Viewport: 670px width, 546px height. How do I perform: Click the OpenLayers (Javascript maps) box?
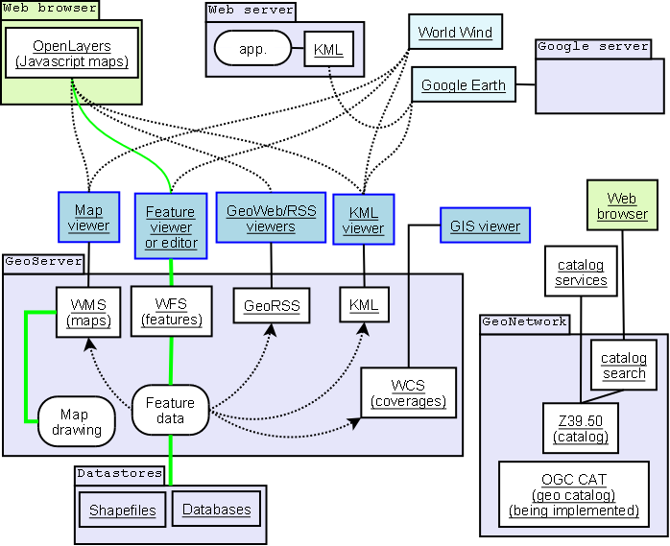click(72, 54)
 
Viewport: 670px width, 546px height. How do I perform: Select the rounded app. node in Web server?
click(252, 48)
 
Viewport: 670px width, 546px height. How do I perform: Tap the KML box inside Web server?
click(329, 49)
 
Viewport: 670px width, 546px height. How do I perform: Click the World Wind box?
click(454, 33)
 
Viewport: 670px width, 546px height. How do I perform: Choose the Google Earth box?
click(464, 84)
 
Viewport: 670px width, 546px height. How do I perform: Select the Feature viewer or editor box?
click(169, 226)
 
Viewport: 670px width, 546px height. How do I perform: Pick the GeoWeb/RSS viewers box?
click(271, 218)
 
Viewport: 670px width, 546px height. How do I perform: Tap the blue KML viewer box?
click(364, 220)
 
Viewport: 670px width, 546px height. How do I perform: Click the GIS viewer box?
click(485, 227)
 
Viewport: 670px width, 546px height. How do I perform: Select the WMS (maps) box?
click(87, 312)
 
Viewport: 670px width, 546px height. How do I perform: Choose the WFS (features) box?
click(171, 311)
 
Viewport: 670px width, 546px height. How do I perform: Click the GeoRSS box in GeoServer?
click(272, 307)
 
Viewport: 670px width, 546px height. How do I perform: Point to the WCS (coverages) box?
click(407, 393)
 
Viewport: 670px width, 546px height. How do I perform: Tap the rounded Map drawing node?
click(77, 421)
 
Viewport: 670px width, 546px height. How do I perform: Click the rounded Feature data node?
click(170, 411)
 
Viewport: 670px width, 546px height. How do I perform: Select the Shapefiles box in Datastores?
click(123, 510)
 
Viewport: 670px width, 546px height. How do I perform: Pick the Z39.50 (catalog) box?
click(580, 428)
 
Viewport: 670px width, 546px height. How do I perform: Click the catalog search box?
click(623, 365)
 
